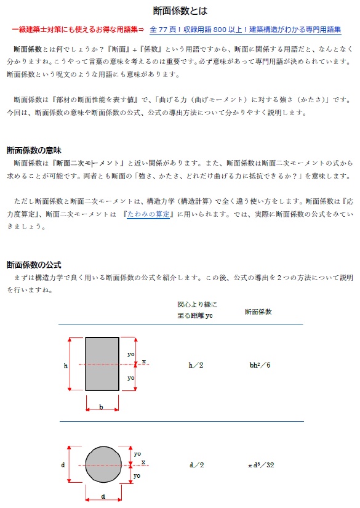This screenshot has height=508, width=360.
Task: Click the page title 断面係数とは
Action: point(180,10)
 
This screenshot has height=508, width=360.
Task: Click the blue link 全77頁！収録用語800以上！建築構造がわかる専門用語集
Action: point(245,30)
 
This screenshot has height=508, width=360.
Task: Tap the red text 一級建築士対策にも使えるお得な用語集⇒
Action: point(78,30)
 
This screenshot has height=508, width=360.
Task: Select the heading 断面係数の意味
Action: point(34,150)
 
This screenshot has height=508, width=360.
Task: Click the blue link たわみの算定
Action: point(148,214)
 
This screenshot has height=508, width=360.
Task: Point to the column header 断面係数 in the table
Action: point(259,312)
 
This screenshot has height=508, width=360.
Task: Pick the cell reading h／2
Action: point(196,365)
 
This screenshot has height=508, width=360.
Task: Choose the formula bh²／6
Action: point(260,365)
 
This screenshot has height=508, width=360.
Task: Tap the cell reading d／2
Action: point(196,464)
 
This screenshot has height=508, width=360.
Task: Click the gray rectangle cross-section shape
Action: point(102,364)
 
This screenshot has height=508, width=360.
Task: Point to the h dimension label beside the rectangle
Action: point(66,366)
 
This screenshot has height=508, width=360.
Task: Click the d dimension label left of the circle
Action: point(63,464)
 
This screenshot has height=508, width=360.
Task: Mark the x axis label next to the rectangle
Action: point(144,361)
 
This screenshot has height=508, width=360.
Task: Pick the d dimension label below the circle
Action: point(103,496)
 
